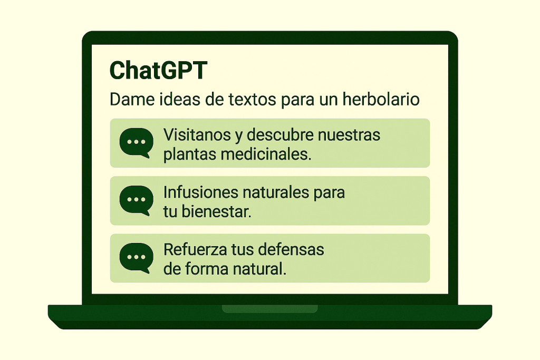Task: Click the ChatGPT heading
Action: point(158,71)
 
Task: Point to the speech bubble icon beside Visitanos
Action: point(137,142)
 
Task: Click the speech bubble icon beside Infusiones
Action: point(137,200)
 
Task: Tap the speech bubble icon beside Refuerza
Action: point(137,258)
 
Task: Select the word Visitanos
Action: point(197,135)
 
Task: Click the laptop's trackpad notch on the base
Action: point(269,309)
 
